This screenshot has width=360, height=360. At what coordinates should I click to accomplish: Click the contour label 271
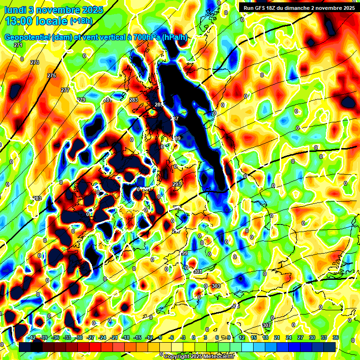click(x=18, y=45)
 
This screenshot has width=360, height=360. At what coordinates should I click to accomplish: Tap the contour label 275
click(x=52, y=75)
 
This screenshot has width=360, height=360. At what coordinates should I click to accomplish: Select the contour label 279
click(x=82, y=100)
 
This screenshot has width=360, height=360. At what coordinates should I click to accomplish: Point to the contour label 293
click(x=177, y=185)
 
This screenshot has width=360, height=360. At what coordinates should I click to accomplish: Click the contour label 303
click(x=216, y=286)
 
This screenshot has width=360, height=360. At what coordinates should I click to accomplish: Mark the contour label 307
click(x=267, y=325)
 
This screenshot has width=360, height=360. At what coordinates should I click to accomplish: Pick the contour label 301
click(x=197, y=272)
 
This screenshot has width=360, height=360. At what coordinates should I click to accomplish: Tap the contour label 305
click(x=235, y=306)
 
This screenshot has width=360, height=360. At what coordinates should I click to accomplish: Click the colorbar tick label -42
click(x=32, y=337)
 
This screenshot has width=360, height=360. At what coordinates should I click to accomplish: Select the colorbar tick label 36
click(x=336, y=337)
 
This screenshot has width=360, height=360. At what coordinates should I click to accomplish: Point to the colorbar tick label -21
click(x=114, y=337)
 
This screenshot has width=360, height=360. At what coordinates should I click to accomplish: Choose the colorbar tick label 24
click(x=289, y=337)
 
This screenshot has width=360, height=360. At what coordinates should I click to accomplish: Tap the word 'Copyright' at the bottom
click(x=178, y=357)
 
